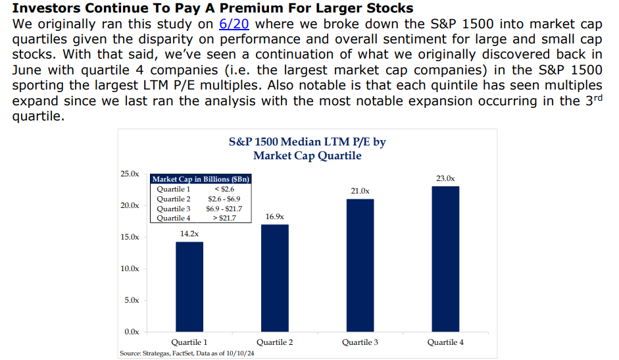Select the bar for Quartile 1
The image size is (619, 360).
point(189,286)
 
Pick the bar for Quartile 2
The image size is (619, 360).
point(274,278)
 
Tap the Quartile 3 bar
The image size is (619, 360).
point(360,265)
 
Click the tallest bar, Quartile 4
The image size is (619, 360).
point(445,259)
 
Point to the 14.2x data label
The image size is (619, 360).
point(189,233)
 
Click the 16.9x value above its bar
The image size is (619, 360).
point(274,216)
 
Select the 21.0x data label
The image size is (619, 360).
point(360,190)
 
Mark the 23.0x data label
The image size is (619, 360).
point(445,178)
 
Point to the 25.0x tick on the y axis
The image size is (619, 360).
point(130,174)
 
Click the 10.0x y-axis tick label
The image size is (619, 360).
point(130,269)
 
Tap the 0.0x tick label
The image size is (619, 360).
point(132,331)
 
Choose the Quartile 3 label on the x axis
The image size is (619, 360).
point(360,342)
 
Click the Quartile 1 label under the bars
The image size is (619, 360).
point(189,342)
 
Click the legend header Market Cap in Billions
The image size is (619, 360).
point(201,179)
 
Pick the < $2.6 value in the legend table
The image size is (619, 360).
point(224,190)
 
